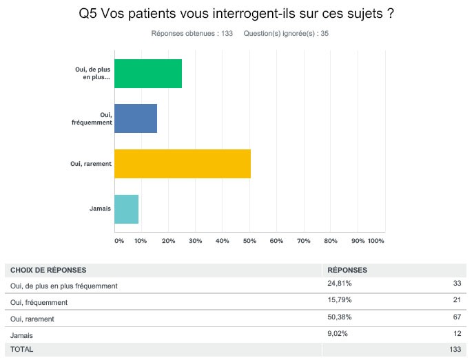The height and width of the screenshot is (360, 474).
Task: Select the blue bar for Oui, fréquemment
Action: tap(135, 118)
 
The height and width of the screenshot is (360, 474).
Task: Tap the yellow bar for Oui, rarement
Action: tap(182, 164)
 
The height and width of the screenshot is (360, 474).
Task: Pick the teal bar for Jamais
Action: tap(126, 209)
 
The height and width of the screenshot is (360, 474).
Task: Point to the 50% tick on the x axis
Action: tap(249, 241)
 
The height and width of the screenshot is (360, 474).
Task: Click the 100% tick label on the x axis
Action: tap(376, 241)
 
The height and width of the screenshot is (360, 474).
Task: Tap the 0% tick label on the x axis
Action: tap(119, 241)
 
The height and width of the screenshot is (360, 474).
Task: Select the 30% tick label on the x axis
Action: tap(195, 241)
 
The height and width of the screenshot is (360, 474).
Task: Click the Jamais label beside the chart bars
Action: tap(101, 209)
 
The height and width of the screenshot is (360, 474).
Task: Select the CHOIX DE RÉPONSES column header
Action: tap(48, 270)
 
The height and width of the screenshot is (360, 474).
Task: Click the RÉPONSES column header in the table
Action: tap(347, 270)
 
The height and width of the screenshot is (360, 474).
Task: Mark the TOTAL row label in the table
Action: tap(21, 349)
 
